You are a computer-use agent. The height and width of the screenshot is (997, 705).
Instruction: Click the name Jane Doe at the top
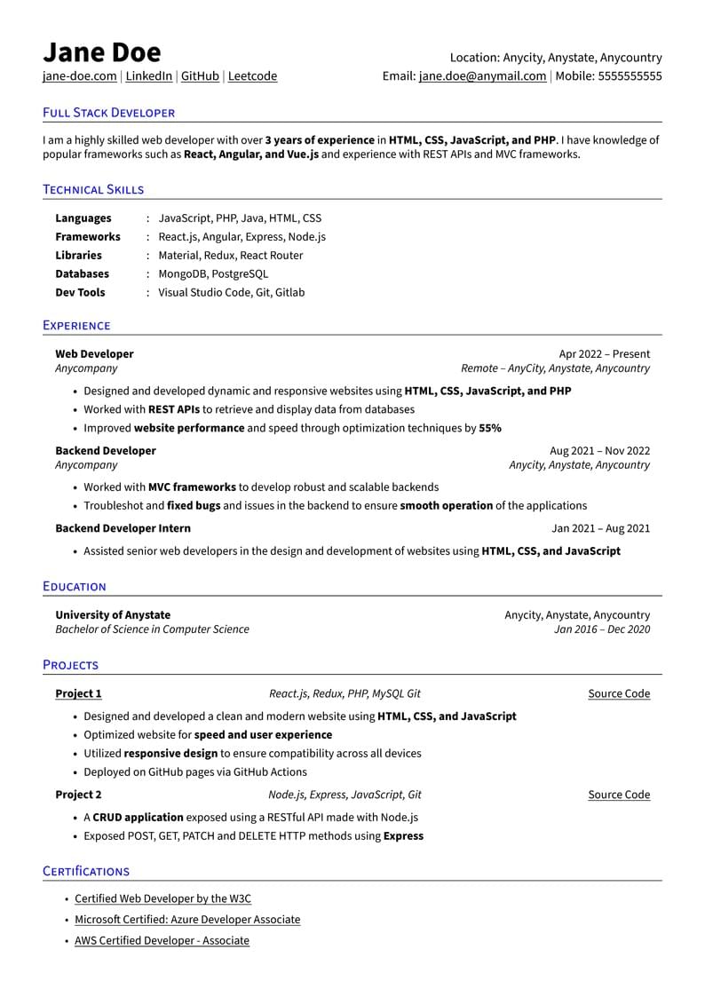coord(101,52)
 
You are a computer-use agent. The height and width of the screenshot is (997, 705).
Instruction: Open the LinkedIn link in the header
coord(148,76)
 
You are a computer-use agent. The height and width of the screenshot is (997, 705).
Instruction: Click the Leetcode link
coord(252,76)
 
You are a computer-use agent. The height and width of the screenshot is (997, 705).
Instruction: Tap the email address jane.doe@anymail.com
coord(482,76)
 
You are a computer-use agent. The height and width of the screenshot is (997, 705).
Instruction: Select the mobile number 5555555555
coord(630,76)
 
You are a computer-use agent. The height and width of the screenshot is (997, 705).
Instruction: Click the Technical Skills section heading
coord(93,189)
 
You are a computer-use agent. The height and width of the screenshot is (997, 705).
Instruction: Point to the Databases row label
coord(82,273)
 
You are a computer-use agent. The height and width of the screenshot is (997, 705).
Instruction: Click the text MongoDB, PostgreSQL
coord(212,273)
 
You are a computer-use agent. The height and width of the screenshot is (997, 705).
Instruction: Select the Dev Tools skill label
coord(80,292)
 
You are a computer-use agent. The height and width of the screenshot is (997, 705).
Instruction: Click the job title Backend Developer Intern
coord(123,528)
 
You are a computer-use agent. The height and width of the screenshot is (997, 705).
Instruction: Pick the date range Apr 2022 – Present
coord(604,353)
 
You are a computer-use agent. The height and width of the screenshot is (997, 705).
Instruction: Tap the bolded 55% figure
coord(490,428)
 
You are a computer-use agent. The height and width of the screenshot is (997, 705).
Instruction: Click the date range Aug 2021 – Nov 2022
coord(599,450)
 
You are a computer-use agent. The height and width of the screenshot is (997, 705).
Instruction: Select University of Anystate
coord(113,614)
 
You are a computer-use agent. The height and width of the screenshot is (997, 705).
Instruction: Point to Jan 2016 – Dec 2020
coord(601,629)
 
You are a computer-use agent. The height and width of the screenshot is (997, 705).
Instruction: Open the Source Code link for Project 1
coord(619,693)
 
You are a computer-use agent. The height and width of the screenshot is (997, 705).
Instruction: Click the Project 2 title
coord(78,795)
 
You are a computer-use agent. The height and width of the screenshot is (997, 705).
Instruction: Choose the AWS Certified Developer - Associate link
coord(162,940)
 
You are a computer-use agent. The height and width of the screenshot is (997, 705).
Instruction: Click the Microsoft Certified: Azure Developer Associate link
coord(187,920)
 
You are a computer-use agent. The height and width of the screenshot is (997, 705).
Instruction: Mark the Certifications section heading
coord(86,871)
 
